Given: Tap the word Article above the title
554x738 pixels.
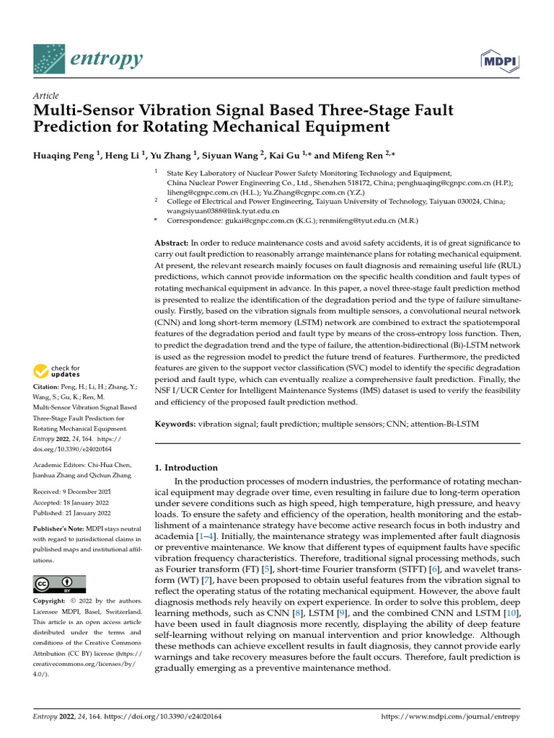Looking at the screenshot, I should (x=46, y=95).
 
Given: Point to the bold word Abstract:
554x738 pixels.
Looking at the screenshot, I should (x=172, y=244).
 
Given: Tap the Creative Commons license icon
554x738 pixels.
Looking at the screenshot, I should (x=60, y=583).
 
